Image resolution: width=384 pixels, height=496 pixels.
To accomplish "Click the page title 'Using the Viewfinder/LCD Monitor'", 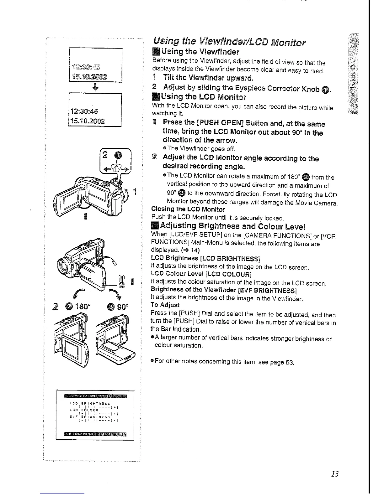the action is tap(229, 42).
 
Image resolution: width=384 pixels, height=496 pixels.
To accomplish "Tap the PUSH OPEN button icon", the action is tap(122, 279).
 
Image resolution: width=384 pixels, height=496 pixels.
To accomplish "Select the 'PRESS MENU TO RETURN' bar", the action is tap(95, 434).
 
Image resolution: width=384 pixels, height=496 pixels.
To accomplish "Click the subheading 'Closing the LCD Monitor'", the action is tap(188, 209).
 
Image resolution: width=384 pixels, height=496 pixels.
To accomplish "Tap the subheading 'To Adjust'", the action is tap(165, 305).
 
